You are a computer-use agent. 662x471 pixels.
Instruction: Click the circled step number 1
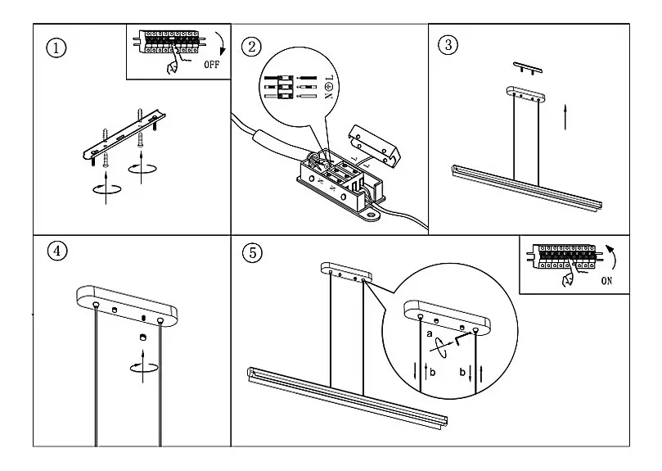56,48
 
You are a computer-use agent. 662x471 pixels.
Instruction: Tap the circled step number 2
252,46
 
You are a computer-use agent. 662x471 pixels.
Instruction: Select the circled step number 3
447,44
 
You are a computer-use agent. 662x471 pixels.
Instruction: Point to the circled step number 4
56,251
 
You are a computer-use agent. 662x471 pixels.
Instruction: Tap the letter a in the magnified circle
430,334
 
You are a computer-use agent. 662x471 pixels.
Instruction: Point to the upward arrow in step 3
565,116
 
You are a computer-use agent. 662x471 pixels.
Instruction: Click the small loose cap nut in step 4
142,337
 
